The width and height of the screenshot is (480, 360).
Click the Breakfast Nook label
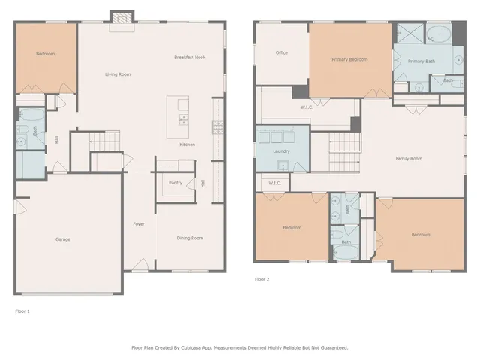(190, 58)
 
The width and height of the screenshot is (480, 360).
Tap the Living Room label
(118, 74)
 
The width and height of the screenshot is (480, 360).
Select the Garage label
(63, 239)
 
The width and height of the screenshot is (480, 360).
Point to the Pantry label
(175, 182)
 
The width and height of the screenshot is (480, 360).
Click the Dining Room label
(190, 238)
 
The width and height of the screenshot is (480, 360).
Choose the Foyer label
(139, 224)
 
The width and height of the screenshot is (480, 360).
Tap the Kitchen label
(187, 144)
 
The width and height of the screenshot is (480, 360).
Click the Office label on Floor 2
(281, 52)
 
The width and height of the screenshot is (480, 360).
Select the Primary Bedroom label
(349, 58)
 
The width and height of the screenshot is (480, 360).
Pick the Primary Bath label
(421, 61)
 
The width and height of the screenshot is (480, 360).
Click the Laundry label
(281, 151)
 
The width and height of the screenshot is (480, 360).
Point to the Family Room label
(409, 158)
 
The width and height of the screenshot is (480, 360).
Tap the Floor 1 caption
(22, 309)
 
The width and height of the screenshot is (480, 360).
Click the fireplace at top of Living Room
(120, 17)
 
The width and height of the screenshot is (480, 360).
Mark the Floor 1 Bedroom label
(45, 53)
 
